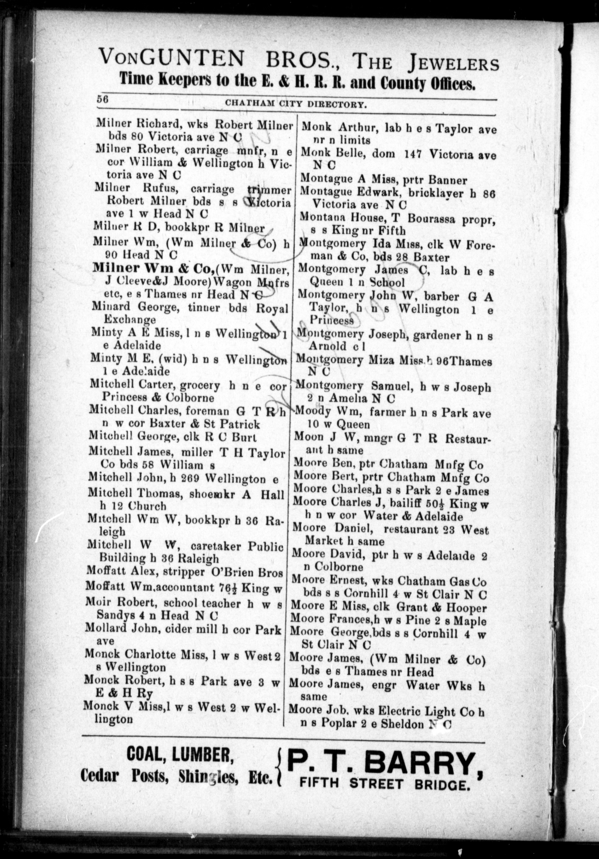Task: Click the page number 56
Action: pyautogui.click(x=102, y=99)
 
